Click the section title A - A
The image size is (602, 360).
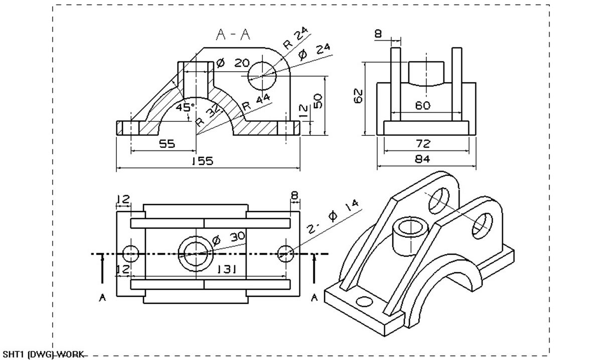[233, 35]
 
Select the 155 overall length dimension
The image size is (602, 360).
[202, 161]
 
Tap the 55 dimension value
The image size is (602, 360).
[167, 144]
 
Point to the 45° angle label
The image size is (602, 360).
[185, 107]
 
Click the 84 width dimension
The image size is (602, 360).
[423, 159]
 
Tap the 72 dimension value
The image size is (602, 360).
[423, 144]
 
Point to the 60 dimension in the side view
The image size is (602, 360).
[423, 106]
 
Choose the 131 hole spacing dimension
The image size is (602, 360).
[227, 270]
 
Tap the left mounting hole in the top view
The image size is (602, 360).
[131, 254]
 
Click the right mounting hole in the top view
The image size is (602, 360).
[286, 254]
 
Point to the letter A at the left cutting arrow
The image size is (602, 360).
[102, 298]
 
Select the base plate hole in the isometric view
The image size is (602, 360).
[364, 302]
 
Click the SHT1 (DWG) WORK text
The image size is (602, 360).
[43, 354]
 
